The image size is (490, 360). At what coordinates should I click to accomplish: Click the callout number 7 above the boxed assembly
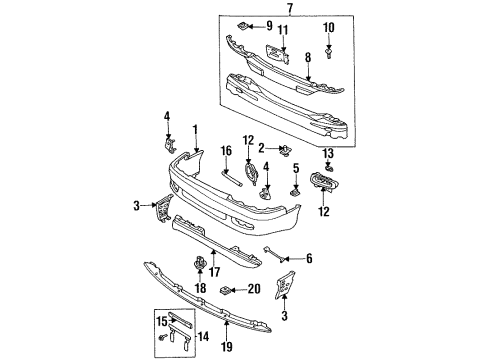290,8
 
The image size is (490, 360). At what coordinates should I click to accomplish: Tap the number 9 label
269,26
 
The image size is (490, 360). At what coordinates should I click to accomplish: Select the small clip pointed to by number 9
243,26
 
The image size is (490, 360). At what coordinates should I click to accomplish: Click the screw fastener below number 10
329,53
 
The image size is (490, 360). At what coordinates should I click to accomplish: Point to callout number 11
283,30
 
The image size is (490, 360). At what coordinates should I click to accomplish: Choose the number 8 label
308,57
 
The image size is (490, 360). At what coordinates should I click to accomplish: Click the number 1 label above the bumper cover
195,131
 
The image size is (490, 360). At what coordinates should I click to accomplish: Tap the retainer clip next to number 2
285,151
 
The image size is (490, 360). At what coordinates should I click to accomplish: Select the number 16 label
226,151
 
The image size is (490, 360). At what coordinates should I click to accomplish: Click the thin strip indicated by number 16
232,178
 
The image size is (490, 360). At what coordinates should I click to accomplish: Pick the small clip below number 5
295,192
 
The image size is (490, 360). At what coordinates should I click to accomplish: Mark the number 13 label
328,154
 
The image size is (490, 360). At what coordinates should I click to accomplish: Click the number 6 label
309,258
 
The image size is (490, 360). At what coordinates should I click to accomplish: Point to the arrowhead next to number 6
283,259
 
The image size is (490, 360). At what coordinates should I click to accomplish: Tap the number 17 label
214,272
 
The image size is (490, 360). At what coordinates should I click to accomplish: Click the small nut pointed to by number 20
225,291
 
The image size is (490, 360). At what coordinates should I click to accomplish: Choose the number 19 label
226,346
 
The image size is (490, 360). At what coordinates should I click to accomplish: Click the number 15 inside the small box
162,322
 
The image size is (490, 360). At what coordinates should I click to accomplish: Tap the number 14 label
204,336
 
